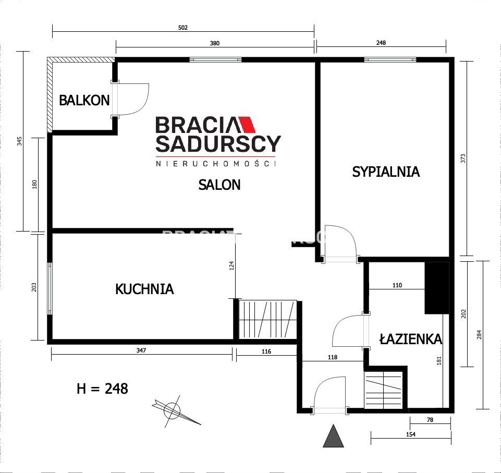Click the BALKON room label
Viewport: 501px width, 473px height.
pos(84,100)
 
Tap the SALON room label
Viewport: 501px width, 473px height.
pos(219,184)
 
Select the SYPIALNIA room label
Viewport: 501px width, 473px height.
pos(386,172)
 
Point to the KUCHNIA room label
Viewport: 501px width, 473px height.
pos(144,289)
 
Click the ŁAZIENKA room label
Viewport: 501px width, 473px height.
pos(411,339)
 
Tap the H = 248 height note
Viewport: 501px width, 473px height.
pos(102,389)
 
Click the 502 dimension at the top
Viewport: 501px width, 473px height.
pos(182,28)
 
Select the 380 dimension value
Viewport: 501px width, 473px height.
pos(215,44)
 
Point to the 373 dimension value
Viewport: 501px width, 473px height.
pos(463,159)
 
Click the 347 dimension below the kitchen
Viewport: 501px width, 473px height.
pos(141,351)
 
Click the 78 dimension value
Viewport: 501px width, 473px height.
pos(431,419)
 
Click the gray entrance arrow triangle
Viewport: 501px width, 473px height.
pos(333,437)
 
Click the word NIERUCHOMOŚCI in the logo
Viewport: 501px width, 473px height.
pos(215,164)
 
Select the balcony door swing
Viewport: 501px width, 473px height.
pos(135,99)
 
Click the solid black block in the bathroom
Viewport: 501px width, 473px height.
pos(437,287)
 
